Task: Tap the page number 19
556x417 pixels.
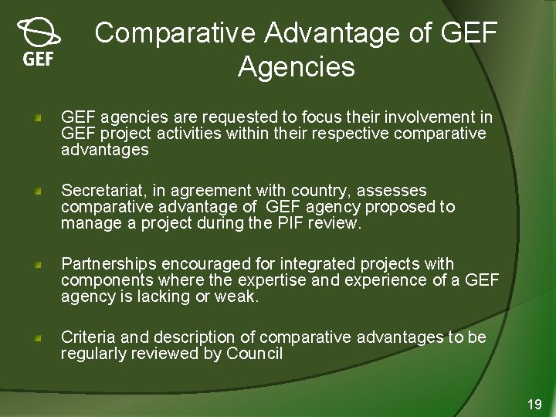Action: (x=534, y=404)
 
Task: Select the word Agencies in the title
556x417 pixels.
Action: (x=297, y=67)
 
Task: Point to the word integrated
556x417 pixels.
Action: (x=326, y=264)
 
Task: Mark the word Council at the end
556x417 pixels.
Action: (x=254, y=354)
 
